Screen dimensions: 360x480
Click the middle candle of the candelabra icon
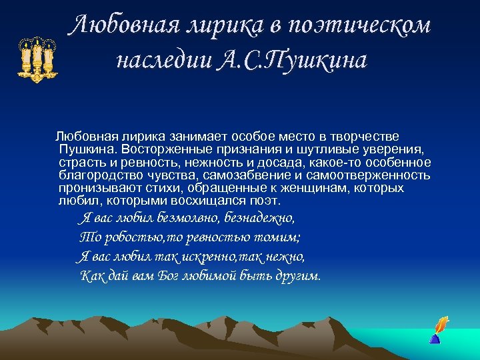pos(37,56)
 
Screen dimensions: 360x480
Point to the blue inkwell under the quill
pos(435,338)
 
